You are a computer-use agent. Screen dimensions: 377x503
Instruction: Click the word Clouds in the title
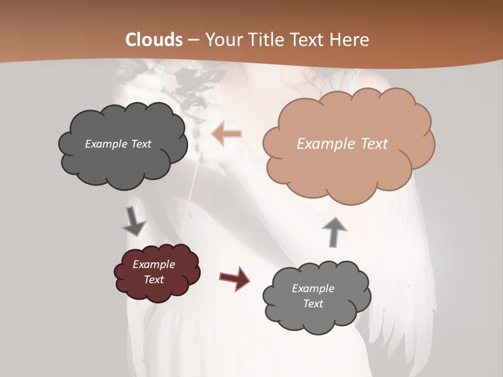154,40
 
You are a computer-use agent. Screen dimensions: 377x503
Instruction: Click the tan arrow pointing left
227,134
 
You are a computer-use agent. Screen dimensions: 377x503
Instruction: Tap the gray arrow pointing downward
133,222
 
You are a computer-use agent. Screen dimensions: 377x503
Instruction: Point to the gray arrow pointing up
334,231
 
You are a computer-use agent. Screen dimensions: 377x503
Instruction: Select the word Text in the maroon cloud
154,280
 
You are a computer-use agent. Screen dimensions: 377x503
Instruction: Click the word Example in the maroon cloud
154,264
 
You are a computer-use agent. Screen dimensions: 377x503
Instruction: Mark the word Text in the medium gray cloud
313,304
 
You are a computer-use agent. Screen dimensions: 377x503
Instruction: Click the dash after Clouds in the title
193,40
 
